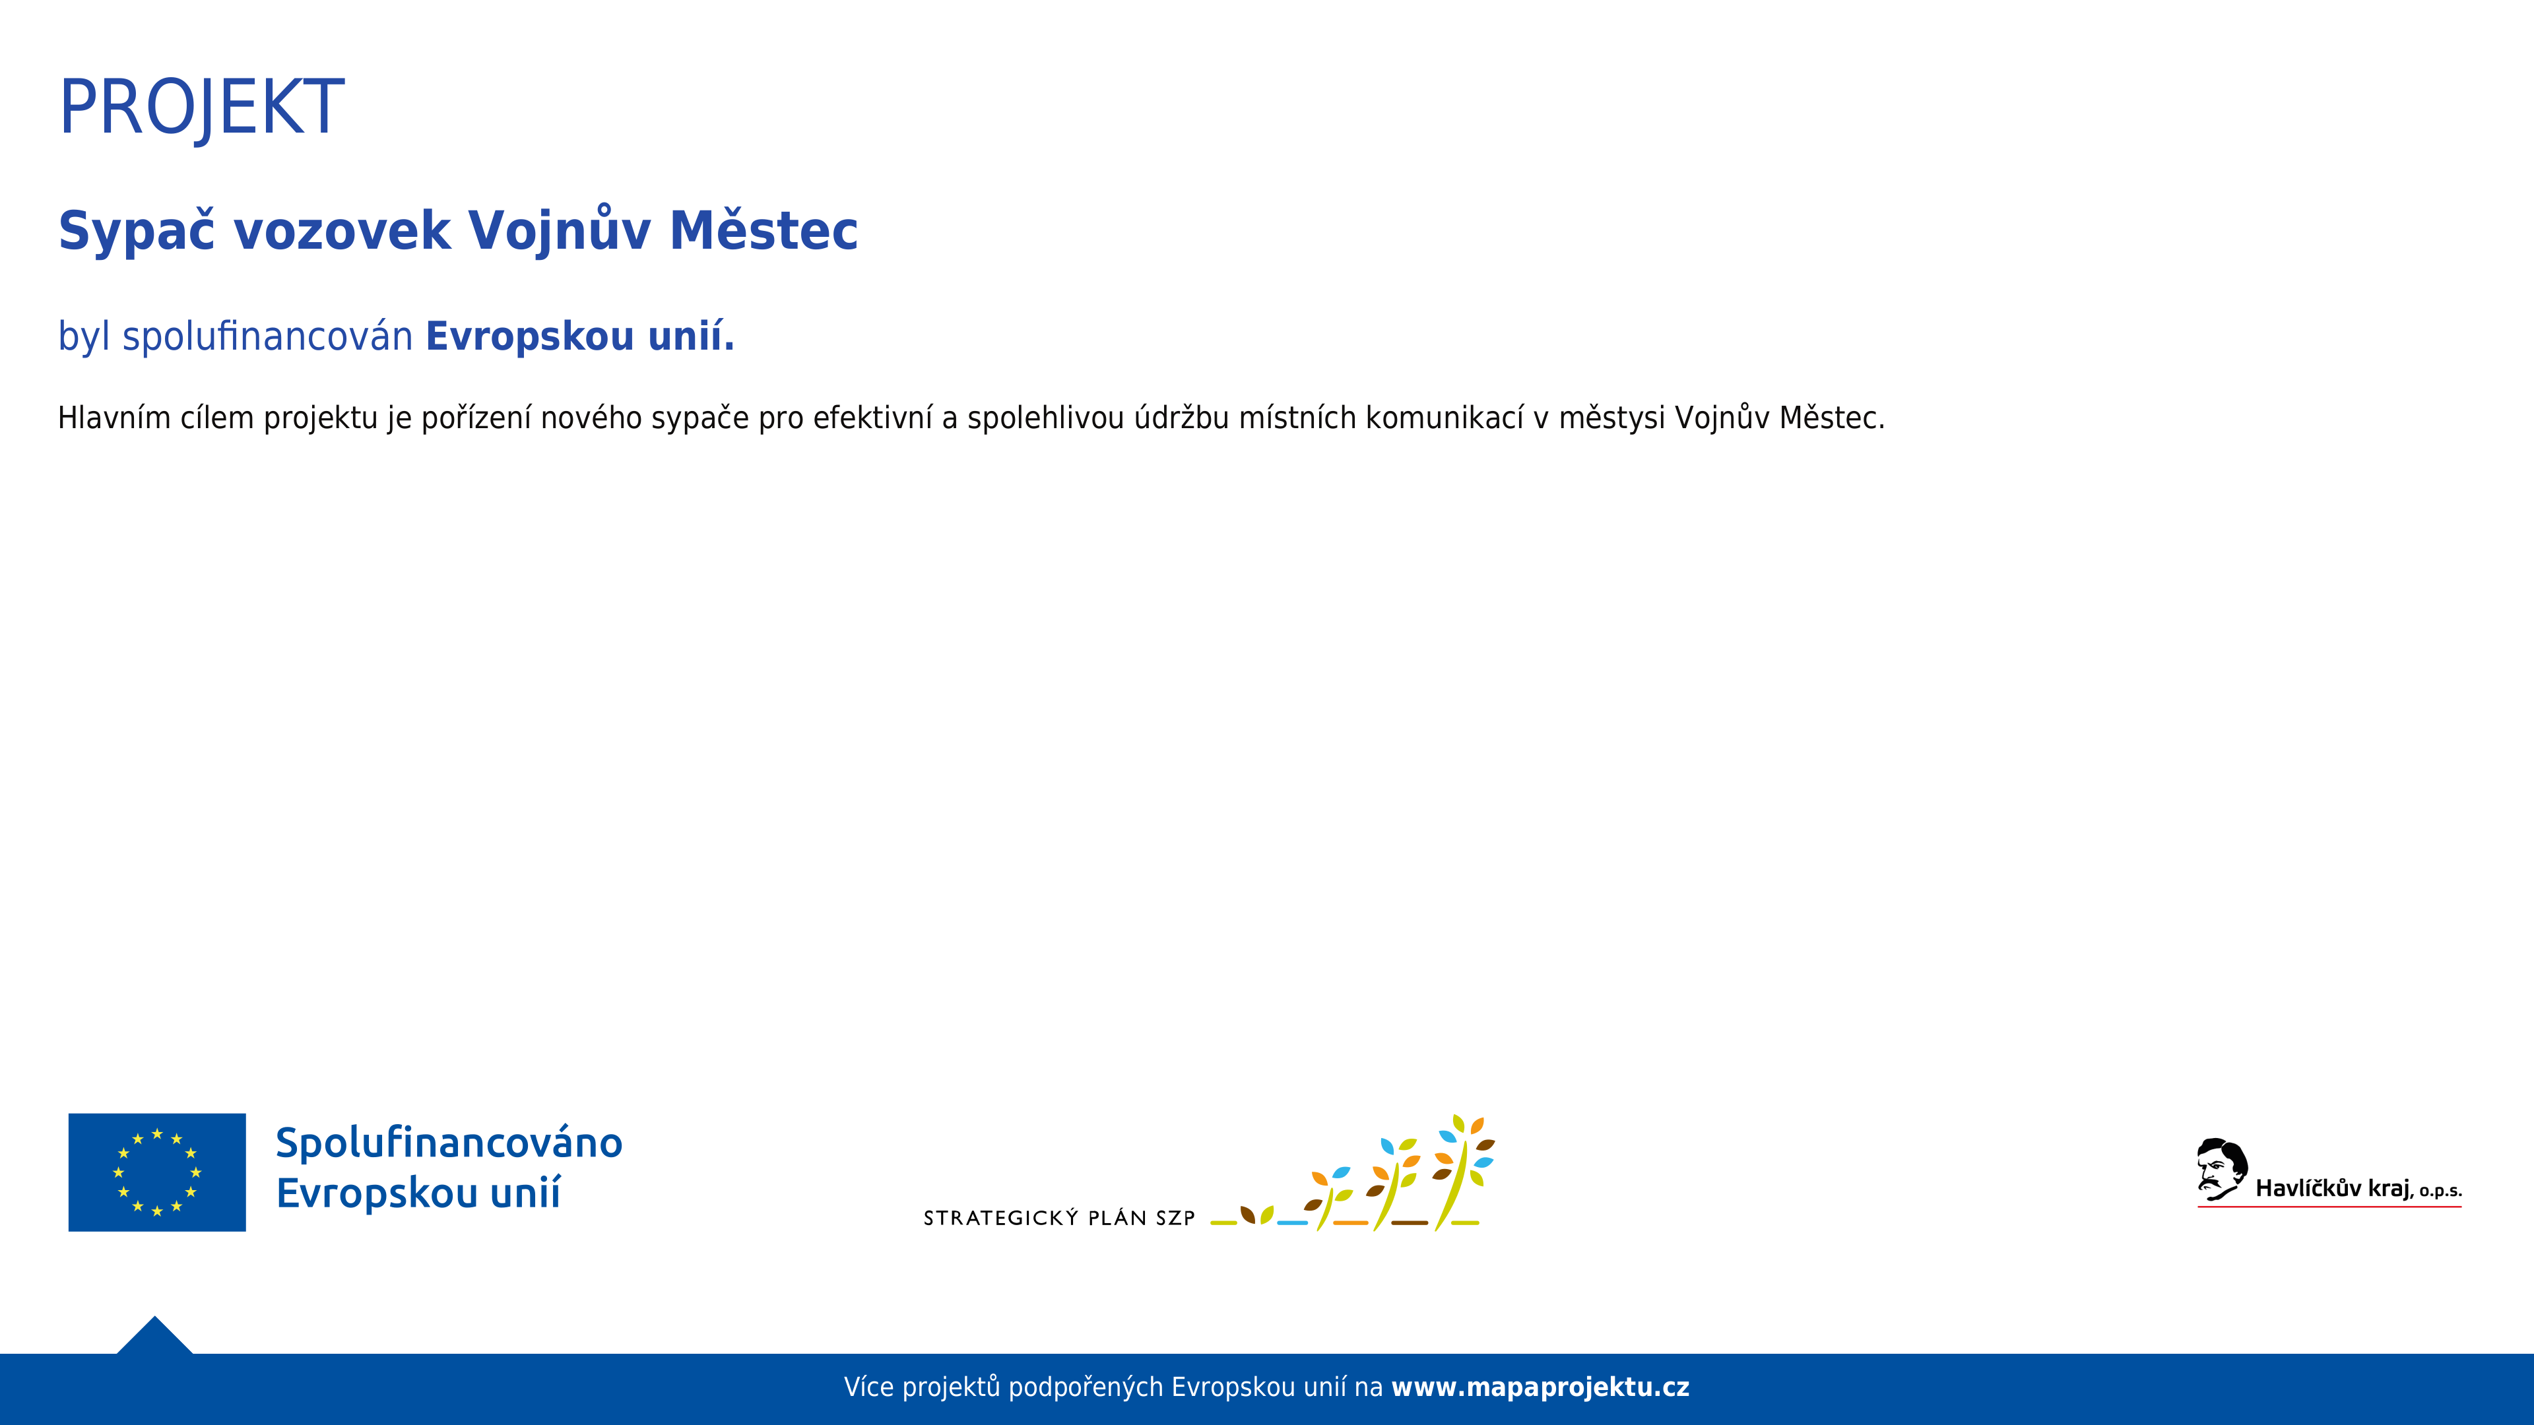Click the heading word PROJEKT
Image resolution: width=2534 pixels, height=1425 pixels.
(202, 107)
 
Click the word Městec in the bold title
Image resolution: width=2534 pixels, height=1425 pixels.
(763, 230)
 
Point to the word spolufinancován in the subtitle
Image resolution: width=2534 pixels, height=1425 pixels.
(267, 337)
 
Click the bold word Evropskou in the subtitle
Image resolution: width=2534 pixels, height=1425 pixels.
(530, 337)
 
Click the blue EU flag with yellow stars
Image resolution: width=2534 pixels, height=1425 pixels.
(158, 1172)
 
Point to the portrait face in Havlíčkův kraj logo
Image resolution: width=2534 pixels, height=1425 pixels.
(2220, 1169)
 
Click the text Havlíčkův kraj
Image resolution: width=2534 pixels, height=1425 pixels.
(2332, 1189)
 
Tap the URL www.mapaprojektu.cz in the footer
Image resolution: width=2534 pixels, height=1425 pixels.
(1540, 1387)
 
